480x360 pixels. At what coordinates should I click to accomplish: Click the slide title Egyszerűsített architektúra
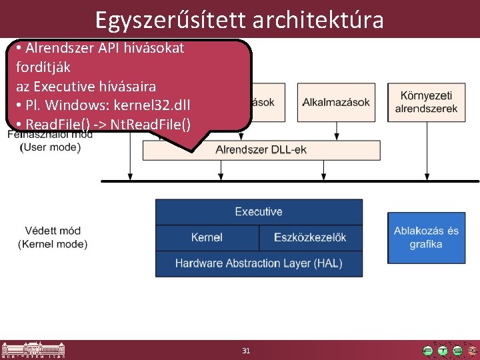pos(239,19)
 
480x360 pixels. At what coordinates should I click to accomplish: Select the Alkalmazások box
pos(336,102)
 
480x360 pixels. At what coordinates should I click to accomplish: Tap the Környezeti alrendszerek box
pos(426,102)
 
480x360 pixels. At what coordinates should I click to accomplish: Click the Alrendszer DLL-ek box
pos(261,150)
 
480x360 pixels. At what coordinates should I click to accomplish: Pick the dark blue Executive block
pos(259,212)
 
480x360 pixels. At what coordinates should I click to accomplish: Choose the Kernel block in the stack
pos(207,237)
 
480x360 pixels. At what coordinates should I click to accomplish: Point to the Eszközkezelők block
pos(310,237)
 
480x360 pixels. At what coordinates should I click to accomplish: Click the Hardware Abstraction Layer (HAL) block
pos(259,263)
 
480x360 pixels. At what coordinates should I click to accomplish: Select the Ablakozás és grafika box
pos(426,237)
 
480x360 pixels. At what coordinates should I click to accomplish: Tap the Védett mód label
pos(53,231)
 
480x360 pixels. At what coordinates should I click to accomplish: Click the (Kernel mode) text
pos(53,244)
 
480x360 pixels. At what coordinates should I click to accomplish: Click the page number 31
pos(246,351)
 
